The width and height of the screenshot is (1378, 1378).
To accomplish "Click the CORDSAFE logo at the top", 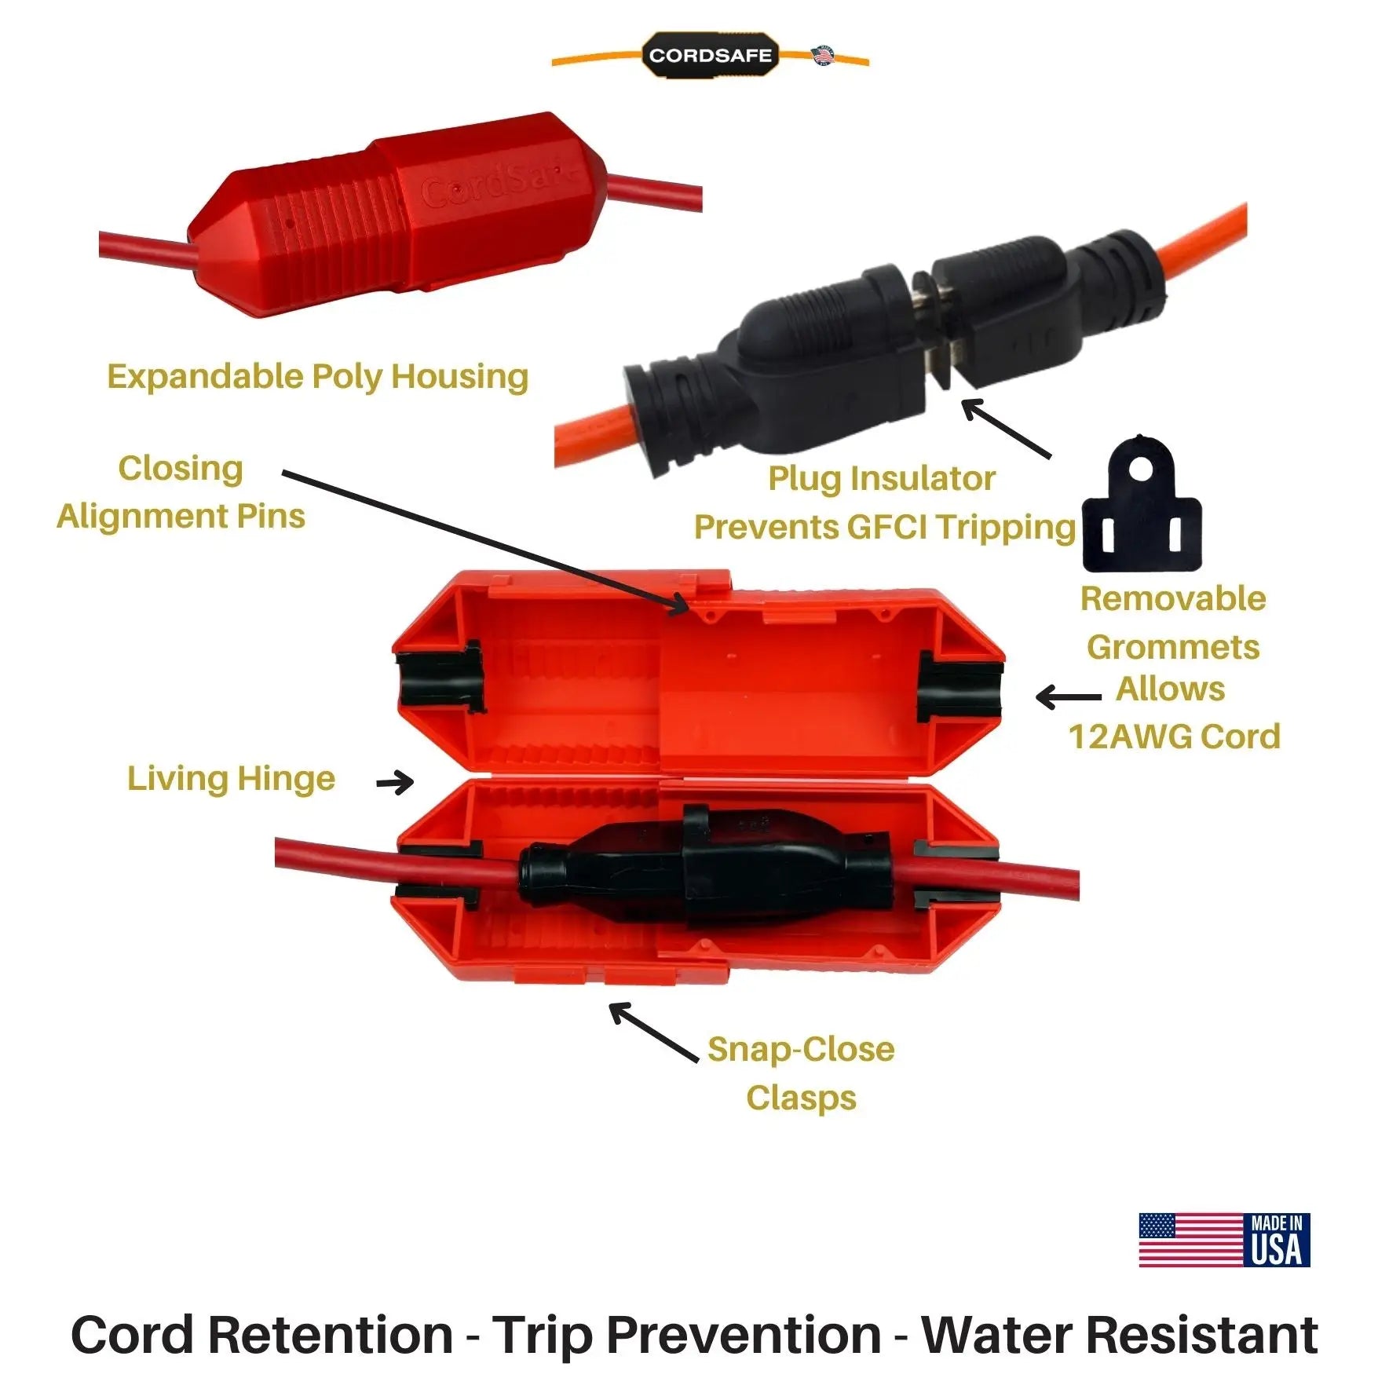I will click(x=710, y=56).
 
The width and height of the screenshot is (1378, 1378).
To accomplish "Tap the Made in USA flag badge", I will click(x=1223, y=1240).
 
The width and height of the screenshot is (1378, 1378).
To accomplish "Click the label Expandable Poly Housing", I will click(x=317, y=376).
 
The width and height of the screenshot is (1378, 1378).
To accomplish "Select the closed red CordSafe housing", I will click(x=400, y=212).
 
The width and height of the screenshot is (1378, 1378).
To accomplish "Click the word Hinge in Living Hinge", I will click(x=286, y=779).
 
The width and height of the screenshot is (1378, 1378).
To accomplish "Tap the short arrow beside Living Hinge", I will click(x=395, y=782).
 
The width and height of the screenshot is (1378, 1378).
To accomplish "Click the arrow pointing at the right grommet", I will click(x=1068, y=696).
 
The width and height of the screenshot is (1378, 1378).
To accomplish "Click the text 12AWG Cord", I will click(x=1174, y=737).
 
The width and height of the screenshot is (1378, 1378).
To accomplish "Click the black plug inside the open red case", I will click(x=707, y=872).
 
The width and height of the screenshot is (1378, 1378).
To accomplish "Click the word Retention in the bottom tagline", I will click(x=330, y=1334).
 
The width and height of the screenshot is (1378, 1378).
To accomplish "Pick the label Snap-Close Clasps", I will click(x=801, y=1073).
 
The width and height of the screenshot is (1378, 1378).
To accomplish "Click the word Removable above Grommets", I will click(x=1173, y=598).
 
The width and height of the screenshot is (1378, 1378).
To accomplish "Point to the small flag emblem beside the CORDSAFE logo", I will click(x=823, y=55).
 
